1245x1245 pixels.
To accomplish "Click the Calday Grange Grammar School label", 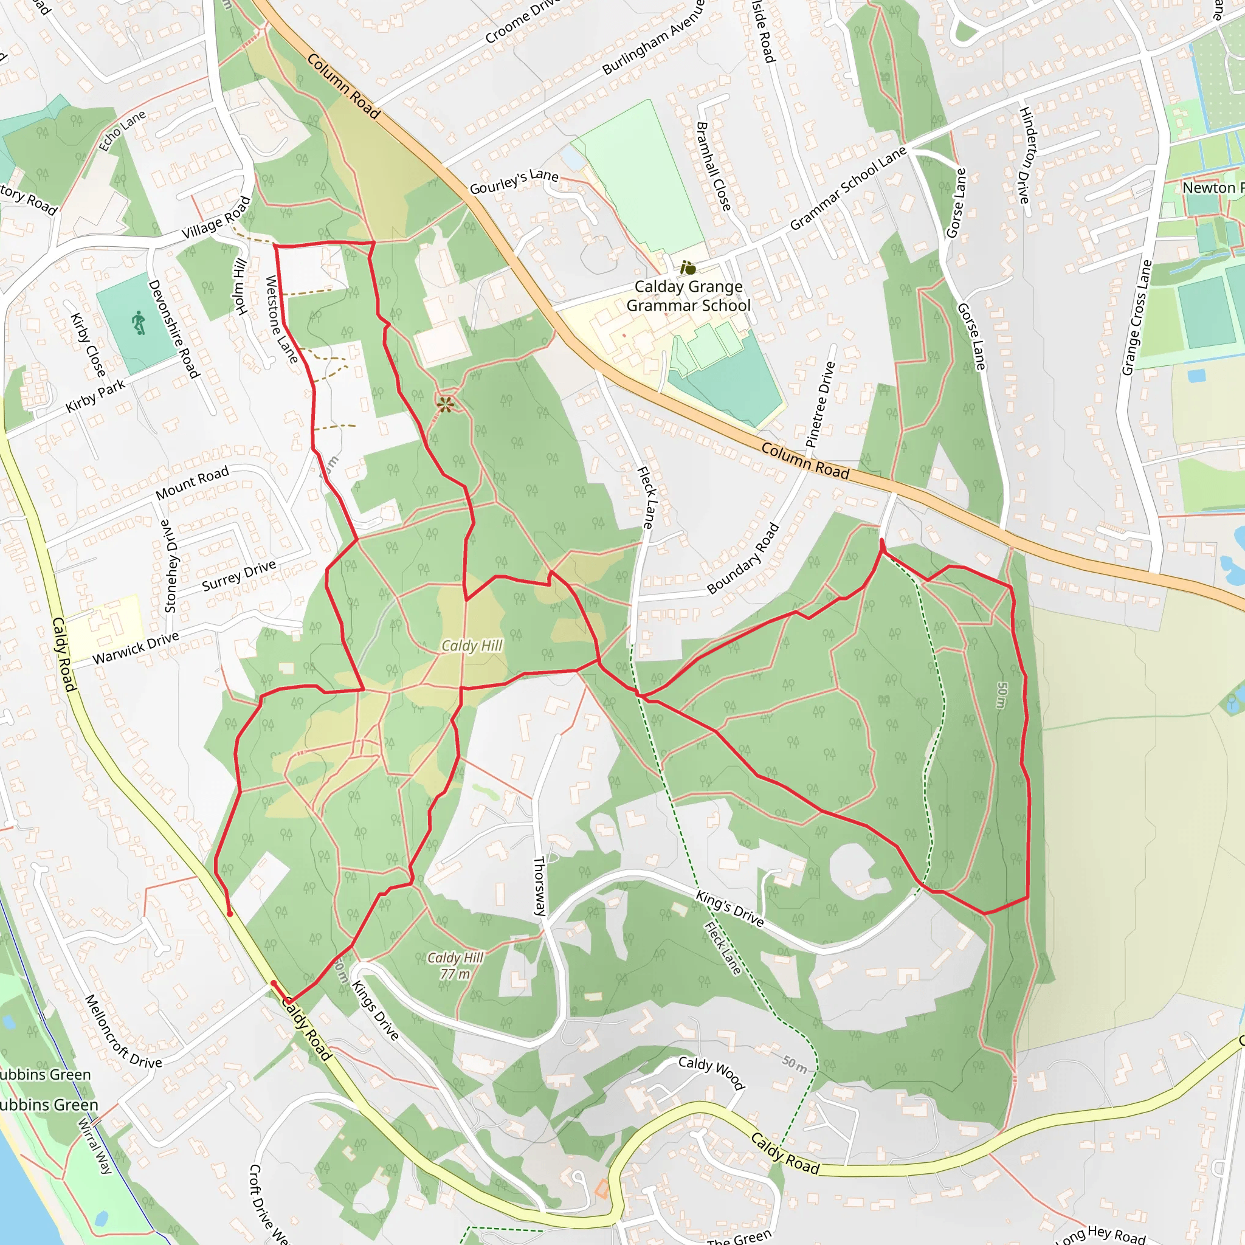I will click(x=688, y=296).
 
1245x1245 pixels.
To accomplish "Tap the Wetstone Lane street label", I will click(x=281, y=320).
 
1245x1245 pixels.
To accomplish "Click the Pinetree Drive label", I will click(x=820, y=405).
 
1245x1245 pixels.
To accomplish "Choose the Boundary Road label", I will click(x=743, y=559).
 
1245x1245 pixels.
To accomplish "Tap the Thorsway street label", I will click(x=540, y=886).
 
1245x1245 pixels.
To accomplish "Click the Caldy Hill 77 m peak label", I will click(x=455, y=965).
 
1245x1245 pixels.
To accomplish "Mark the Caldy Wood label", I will click(x=711, y=1072).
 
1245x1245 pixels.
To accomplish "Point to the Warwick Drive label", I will click(x=136, y=648).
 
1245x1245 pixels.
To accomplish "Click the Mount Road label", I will click(x=192, y=482).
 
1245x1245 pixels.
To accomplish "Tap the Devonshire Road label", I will click(x=174, y=329).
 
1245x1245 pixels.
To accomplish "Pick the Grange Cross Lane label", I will click(x=1136, y=317).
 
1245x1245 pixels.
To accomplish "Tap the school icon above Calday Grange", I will click(x=688, y=267).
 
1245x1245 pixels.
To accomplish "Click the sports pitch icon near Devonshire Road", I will click(x=139, y=323).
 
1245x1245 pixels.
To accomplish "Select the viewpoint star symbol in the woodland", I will click(x=444, y=405).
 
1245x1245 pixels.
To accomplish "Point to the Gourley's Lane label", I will click(x=514, y=182).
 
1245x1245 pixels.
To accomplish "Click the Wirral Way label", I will click(x=95, y=1146).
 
